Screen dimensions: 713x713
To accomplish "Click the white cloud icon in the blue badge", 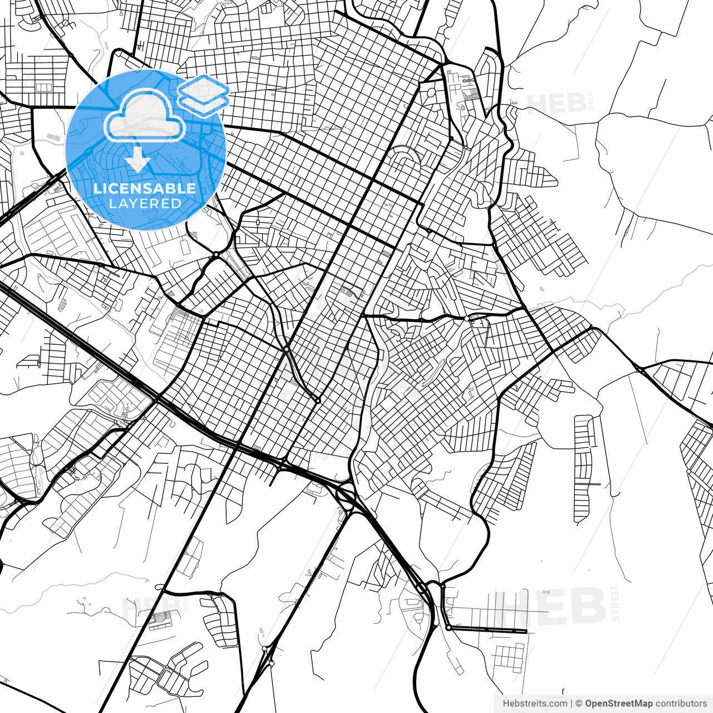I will coord(145,117).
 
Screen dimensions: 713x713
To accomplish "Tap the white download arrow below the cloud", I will coord(138,162).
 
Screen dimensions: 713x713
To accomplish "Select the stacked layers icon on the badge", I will coord(203,94).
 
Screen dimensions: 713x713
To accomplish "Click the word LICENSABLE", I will coord(145,189).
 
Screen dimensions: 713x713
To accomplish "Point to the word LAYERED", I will coord(145,203).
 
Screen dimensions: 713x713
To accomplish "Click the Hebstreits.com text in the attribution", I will coord(535,704).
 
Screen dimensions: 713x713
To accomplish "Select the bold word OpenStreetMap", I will coord(618,704).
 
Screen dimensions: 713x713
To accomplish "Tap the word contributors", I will coord(681,704).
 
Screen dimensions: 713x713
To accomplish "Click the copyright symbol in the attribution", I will coord(579,704).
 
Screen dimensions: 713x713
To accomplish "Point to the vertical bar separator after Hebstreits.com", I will coord(572,704).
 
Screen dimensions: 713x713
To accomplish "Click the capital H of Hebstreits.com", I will coord(506,704).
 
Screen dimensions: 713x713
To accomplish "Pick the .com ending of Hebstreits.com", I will coord(558,704).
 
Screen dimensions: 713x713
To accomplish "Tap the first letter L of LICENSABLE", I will coord(97,189).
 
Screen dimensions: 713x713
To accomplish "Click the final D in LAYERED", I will coord(177,203).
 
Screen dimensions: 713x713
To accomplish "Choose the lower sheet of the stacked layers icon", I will coord(204,101).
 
